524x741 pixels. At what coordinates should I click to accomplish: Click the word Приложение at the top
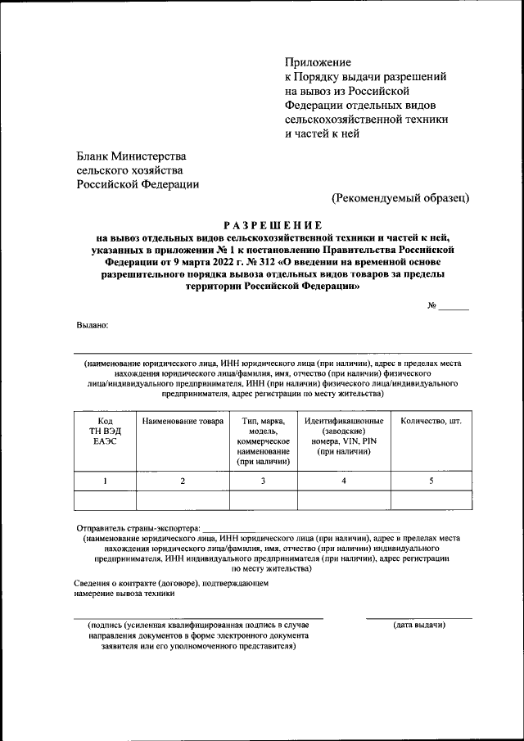318,62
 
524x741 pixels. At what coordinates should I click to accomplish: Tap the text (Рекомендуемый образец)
400,197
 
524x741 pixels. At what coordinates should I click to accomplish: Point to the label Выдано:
93,325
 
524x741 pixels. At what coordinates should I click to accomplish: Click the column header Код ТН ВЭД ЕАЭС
105,431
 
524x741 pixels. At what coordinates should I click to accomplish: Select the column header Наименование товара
182,421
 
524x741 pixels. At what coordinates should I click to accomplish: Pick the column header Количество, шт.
431,421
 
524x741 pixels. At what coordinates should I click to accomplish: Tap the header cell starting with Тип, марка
263,441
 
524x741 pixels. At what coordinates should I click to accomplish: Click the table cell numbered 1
105,481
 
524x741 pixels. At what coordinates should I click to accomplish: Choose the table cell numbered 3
263,481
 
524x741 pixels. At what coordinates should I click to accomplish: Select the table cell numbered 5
431,481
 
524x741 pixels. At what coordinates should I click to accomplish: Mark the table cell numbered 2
182,481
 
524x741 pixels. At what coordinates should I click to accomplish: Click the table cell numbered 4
343,481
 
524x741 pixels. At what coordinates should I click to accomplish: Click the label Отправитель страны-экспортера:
138,529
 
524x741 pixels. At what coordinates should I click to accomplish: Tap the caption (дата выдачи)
419,626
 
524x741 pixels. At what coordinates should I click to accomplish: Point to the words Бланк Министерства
132,156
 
